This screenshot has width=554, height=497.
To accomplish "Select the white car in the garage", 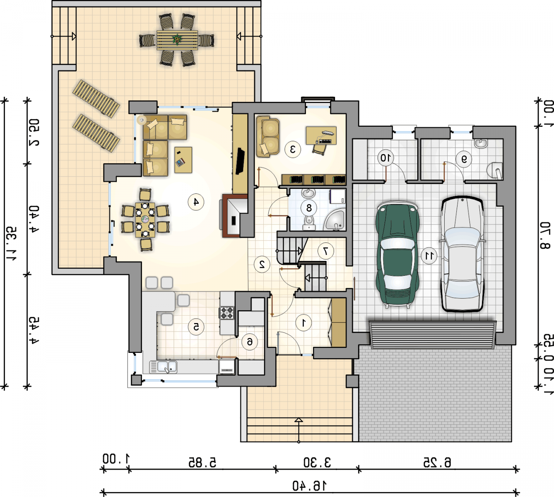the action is (462, 253).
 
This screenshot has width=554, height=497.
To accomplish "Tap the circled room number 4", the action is (196, 202).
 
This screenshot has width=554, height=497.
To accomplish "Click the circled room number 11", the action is (429, 256).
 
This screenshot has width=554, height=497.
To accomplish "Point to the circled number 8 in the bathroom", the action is (309, 208).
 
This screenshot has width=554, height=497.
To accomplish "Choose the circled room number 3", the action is (293, 150).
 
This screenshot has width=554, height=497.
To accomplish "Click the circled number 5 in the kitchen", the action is (196, 327).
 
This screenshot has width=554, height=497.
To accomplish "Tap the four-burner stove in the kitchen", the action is (226, 313).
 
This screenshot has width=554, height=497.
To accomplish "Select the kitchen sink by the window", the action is (163, 367).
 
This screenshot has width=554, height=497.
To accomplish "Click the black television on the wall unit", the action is (240, 161).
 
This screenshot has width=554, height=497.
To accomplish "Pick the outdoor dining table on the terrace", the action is (177, 40).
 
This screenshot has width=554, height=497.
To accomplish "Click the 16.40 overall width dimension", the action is (310, 486).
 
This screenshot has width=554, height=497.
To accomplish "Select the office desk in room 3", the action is (321, 135).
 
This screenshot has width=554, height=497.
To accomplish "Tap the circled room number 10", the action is (386, 157).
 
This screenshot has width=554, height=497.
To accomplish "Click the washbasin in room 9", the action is (481, 143).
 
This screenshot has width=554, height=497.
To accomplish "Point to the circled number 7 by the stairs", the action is (326, 251).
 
